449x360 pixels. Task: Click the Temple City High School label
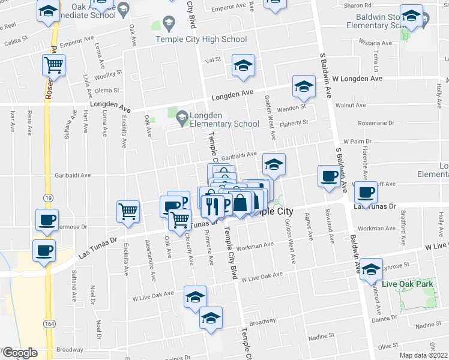200,40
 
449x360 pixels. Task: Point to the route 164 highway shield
46,324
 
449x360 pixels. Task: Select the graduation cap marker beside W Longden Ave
304,87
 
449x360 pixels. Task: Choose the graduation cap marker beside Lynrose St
372,269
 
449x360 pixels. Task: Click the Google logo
19,353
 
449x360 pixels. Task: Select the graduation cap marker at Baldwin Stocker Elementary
412,17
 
